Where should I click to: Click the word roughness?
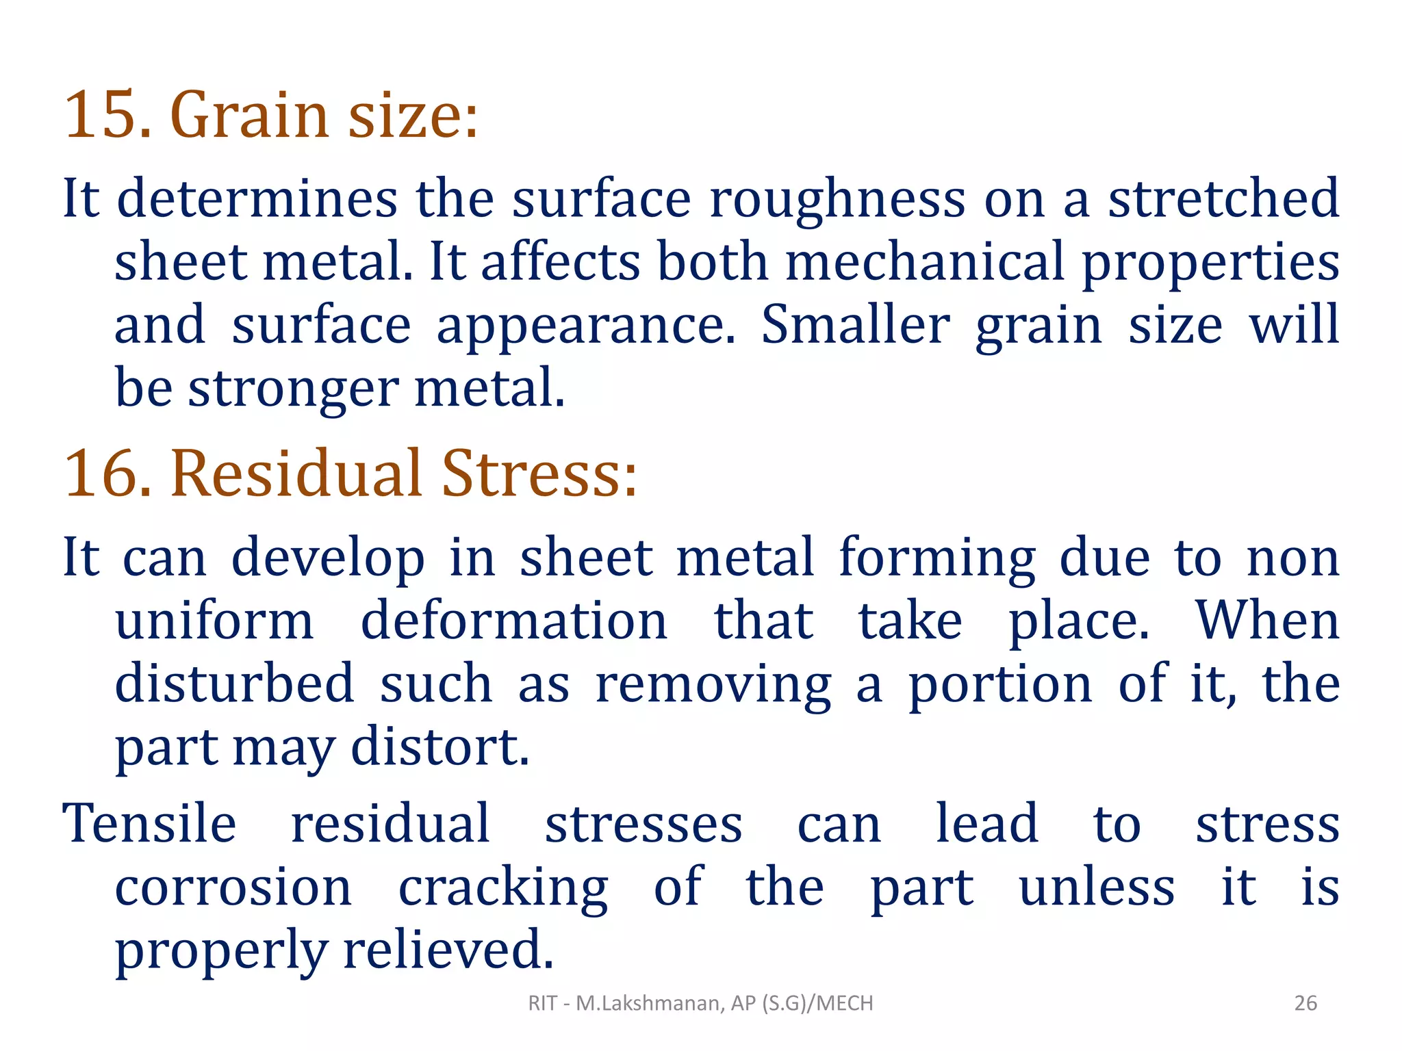[x=837, y=198]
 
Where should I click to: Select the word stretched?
[x=1223, y=198]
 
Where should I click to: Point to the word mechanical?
[x=924, y=262]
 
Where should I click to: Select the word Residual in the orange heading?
[x=296, y=473]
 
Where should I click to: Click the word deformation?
[x=513, y=621]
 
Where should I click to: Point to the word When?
[x=1267, y=621]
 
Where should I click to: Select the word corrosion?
[x=233, y=887]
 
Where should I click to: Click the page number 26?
[x=1305, y=1003]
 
